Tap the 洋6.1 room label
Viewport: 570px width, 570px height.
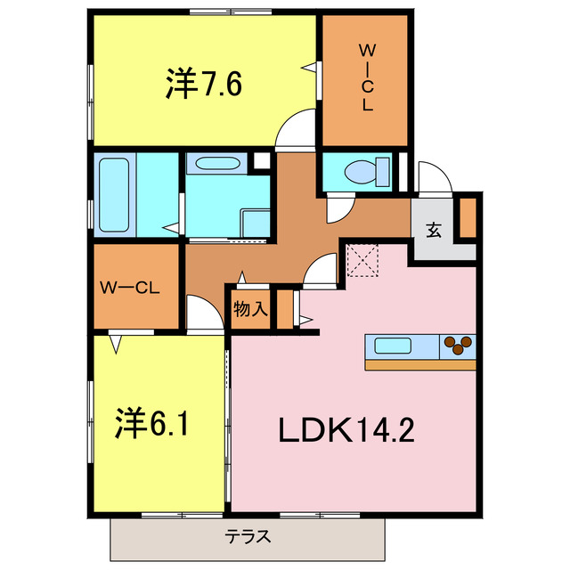[152, 422]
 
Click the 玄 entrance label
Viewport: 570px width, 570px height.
[434, 230]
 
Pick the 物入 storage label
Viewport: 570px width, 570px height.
[251, 310]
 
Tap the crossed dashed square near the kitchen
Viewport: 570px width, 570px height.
[363, 262]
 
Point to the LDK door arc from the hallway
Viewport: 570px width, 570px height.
[322, 267]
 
